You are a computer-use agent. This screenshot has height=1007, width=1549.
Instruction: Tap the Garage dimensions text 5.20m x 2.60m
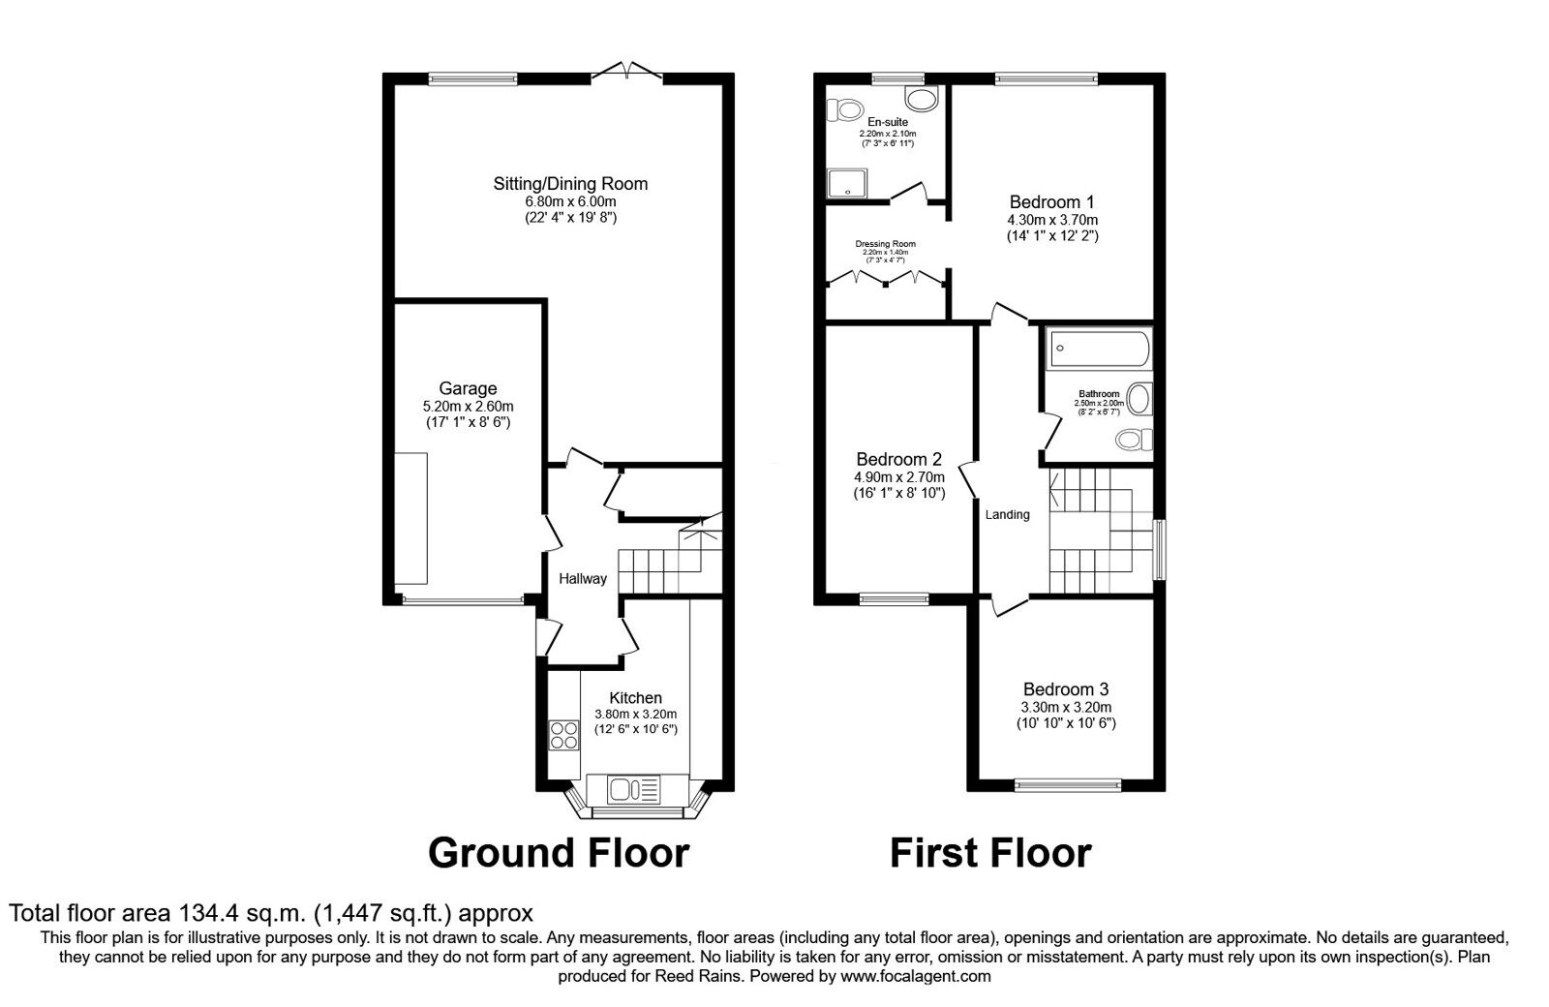pyautogui.click(x=468, y=406)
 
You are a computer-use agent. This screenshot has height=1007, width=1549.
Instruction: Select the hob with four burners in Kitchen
pyautogui.click(x=562, y=736)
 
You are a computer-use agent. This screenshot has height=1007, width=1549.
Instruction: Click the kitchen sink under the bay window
pyautogui.click(x=634, y=789)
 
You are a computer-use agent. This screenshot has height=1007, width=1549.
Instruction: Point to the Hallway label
pyautogui.click(x=583, y=579)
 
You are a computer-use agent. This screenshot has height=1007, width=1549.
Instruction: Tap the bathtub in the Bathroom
pyautogui.click(x=1098, y=349)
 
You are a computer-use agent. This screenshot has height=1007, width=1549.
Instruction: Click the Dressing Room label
pyautogui.click(x=885, y=244)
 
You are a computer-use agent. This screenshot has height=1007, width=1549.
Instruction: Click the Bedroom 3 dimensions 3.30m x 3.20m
pyautogui.click(x=1065, y=707)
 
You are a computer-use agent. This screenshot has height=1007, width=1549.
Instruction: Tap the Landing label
pyautogui.click(x=1007, y=514)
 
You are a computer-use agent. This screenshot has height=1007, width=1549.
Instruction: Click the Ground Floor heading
pyautogui.click(x=559, y=853)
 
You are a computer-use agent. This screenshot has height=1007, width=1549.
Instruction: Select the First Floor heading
pyautogui.click(x=990, y=853)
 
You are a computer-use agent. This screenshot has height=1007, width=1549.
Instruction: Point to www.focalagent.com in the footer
pyautogui.click(x=915, y=976)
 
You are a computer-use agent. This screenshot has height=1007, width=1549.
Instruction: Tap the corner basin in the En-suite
pyautogui.click(x=922, y=98)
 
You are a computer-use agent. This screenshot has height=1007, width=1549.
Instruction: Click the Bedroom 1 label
pyautogui.click(x=1051, y=202)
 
